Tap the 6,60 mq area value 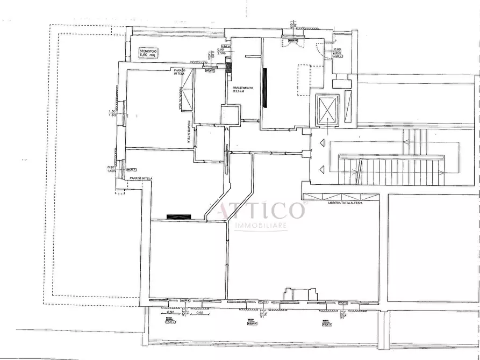coord(147,55)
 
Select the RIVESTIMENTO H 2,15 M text coord(243,90)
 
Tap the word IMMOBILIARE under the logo coord(260,226)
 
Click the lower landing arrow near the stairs coord(321,170)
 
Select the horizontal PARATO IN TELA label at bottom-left coord(138,178)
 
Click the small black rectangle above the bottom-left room coord(178,216)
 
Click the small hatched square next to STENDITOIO coord(229,68)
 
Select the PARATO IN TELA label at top coord(179,71)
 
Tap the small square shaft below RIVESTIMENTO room coord(230,114)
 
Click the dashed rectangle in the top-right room coord(304,81)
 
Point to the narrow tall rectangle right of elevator coord(348,105)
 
